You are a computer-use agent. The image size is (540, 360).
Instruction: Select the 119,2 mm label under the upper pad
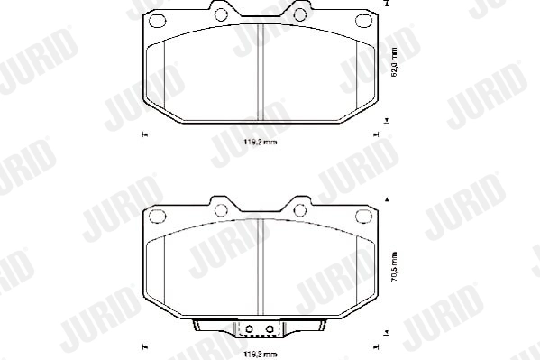[260, 143]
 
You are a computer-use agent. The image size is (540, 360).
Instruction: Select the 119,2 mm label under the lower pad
[260, 354]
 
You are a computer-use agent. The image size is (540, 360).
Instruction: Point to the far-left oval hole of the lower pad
[156, 216]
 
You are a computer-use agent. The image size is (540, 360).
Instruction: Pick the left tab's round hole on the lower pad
[219, 209]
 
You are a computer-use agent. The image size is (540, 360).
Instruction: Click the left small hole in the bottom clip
[251, 328]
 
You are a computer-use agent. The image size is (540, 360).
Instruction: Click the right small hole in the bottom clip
[268, 328]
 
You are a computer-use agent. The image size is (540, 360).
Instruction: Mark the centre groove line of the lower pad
[260, 271]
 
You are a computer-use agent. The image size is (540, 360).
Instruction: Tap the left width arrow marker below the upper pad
[144, 134]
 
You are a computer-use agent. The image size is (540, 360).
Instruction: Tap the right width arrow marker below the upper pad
[374, 134]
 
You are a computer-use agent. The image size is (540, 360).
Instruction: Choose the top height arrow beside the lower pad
[388, 198]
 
